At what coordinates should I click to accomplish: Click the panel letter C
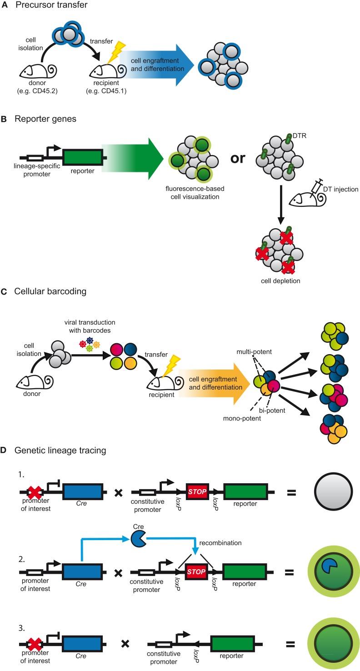[4, 305]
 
